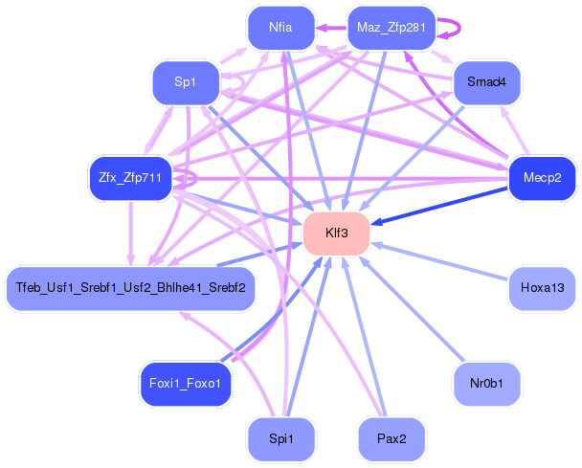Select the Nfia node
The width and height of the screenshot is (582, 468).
[x=280, y=28]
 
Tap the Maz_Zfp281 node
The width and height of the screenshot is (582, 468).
[x=391, y=28]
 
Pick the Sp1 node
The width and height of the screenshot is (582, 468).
[x=186, y=83]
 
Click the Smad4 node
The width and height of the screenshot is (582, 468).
[x=486, y=83]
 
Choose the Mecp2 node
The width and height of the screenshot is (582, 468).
[x=542, y=178]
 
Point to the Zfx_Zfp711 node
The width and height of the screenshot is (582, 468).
[x=129, y=178]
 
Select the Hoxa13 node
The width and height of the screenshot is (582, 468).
[x=542, y=288]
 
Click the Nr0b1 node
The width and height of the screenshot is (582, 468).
[x=486, y=383]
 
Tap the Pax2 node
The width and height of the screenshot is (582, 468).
[x=391, y=439]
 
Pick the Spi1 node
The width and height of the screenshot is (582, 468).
[x=280, y=439]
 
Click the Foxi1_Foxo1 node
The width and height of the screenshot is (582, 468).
[x=186, y=383]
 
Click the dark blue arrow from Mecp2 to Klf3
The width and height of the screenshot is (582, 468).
[x=440, y=205]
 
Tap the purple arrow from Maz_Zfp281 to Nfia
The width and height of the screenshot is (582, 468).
[x=330, y=28]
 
